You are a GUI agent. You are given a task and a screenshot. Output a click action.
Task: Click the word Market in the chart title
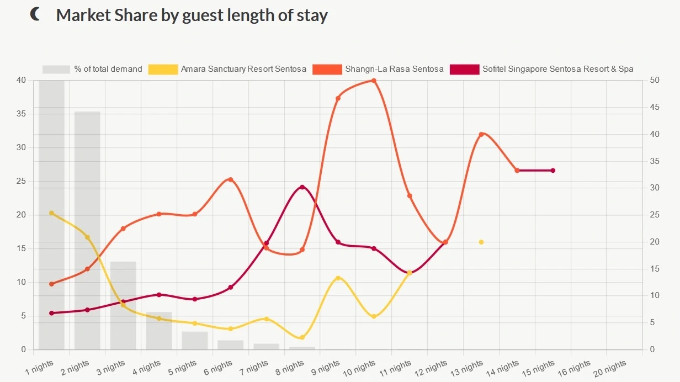point(79,15)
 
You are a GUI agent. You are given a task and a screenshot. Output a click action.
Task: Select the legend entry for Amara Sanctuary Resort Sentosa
point(243,69)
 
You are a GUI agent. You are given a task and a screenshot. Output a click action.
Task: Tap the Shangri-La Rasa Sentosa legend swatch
point(327,69)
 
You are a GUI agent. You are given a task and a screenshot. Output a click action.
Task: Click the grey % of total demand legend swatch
point(56,69)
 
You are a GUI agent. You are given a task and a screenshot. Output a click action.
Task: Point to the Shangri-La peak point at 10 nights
point(374,81)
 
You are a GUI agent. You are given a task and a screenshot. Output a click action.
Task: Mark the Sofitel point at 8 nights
point(302,187)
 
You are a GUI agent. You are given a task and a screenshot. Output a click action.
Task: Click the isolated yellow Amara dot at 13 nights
point(481,242)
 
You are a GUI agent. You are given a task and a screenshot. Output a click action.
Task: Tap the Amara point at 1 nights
point(51,213)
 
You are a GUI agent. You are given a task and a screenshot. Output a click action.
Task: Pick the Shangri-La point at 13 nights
point(481,134)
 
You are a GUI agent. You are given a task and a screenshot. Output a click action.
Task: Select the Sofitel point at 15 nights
point(553,171)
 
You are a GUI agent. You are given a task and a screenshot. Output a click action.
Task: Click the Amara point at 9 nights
point(338,278)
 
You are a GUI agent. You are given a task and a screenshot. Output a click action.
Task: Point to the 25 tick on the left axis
point(21,181)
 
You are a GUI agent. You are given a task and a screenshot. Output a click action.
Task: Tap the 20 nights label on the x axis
point(609,366)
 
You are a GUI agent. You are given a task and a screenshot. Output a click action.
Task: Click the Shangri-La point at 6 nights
point(230,179)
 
